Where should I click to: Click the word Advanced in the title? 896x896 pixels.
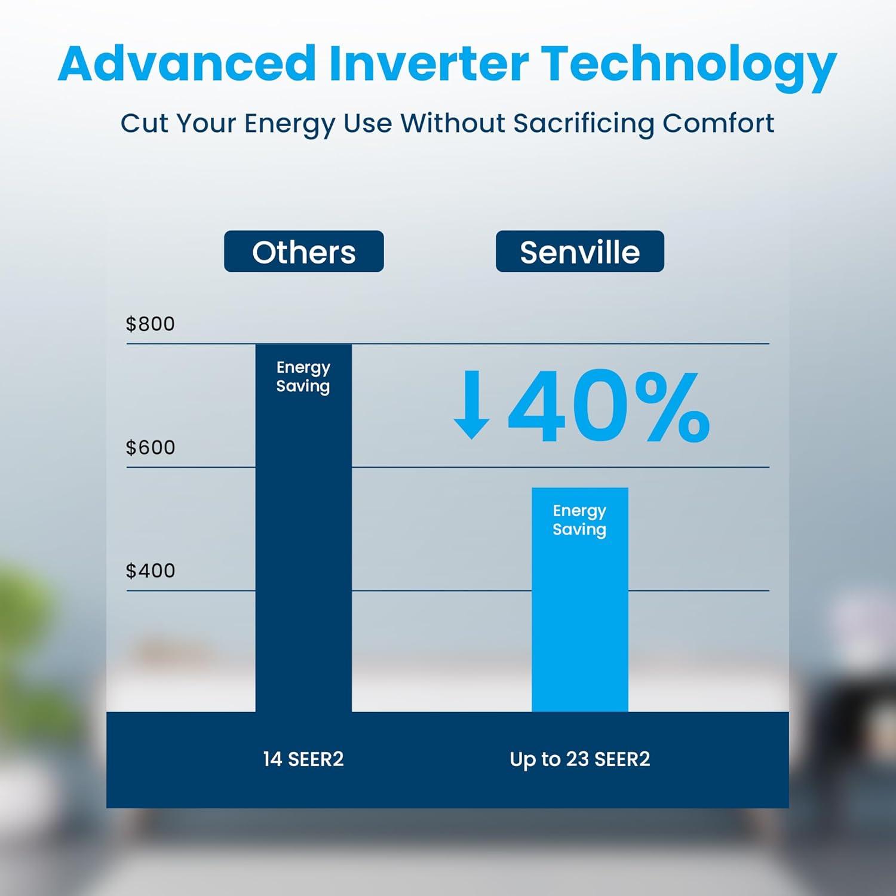tap(186, 64)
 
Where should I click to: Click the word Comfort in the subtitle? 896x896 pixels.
tap(718, 123)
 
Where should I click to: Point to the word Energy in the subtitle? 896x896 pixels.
tap(290, 125)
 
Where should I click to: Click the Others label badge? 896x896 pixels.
tap(303, 251)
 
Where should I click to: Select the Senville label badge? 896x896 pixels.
tap(579, 251)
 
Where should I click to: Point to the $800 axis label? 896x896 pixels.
tap(150, 324)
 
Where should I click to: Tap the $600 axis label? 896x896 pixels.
tap(150, 447)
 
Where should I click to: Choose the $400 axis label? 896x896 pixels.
tap(150, 570)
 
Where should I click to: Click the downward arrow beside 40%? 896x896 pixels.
tap(471, 404)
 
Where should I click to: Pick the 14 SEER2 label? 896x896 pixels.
tap(303, 759)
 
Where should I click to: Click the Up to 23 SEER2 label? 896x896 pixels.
tap(579, 759)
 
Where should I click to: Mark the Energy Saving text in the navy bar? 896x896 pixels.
tap(303, 376)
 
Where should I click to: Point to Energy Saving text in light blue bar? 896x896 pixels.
tap(579, 520)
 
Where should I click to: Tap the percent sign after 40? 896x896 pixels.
tap(672, 406)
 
